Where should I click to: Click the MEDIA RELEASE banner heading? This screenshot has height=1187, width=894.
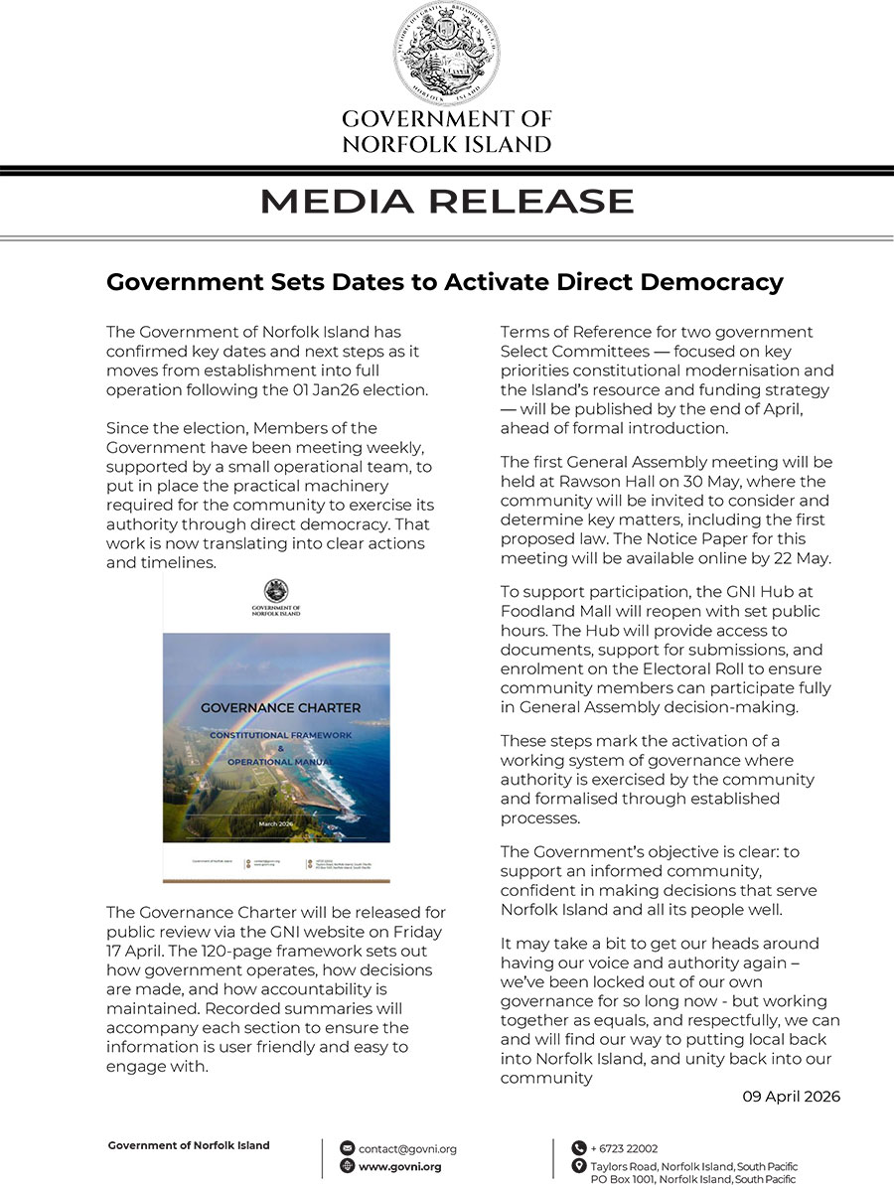pyautogui.click(x=446, y=202)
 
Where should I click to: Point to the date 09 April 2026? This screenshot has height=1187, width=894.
pyautogui.click(x=791, y=1097)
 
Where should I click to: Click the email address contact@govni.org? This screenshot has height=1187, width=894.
pyautogui.click(x=407, y=1148)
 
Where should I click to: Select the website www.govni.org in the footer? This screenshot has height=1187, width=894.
pyautogui.click(x=399, y=1167)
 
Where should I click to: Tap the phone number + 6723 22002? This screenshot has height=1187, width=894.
pyautogui.click(x=624, y=1148)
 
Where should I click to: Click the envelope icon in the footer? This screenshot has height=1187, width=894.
pyautogui.click(x=347, y=1148)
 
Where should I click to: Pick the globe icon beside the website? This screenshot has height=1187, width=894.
pyautogui.click(x=347, y=1167)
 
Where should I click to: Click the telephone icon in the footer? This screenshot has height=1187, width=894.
pyautogui.click(x=578, y=1148)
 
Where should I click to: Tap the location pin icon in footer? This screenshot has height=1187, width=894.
pyautogui.click(x=578, y=1167)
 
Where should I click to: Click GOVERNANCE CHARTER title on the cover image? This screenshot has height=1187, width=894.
pyautogui.click(x=281, y=708)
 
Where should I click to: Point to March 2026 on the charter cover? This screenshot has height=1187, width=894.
pyautogui.click(x=276, y=824)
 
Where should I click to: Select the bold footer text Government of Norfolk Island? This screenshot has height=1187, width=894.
pyautogui.click(x=189, y=1145)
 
